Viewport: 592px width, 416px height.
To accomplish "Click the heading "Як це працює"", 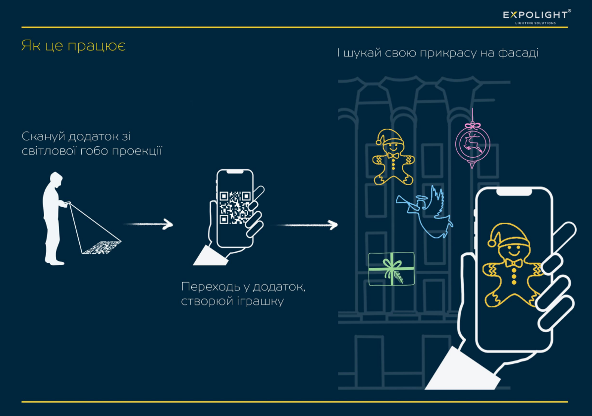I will coord(73,46).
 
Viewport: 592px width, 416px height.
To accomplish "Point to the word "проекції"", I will coord(139,151).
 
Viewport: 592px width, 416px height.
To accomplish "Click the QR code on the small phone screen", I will coord(234,207).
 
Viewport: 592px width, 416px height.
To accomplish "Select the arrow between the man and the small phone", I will coord(148,225).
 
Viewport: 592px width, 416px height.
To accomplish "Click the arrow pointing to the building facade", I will coord(307,225).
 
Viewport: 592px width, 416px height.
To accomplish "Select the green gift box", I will coord(391,269).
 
